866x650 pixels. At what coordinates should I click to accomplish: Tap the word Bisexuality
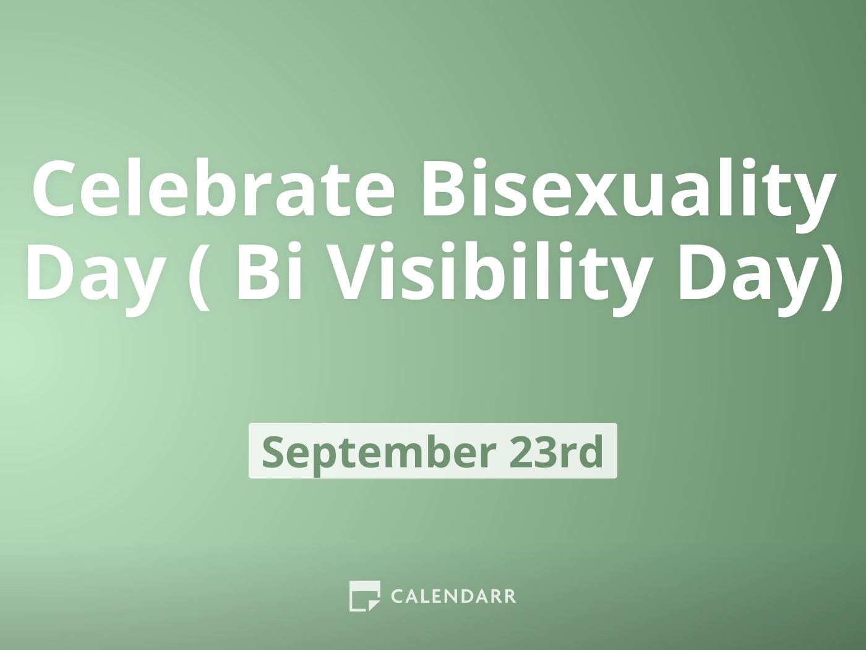(x=627, y=189)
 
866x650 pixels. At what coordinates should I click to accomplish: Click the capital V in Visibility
(x=349, y=272)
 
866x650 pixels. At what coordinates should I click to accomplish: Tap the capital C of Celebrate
(x=56, y=189)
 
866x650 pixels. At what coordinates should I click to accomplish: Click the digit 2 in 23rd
(x=521, y=451)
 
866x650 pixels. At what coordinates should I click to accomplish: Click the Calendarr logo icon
(x=364, y=596)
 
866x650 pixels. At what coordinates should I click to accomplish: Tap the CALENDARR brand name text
(x=453, y=596)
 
